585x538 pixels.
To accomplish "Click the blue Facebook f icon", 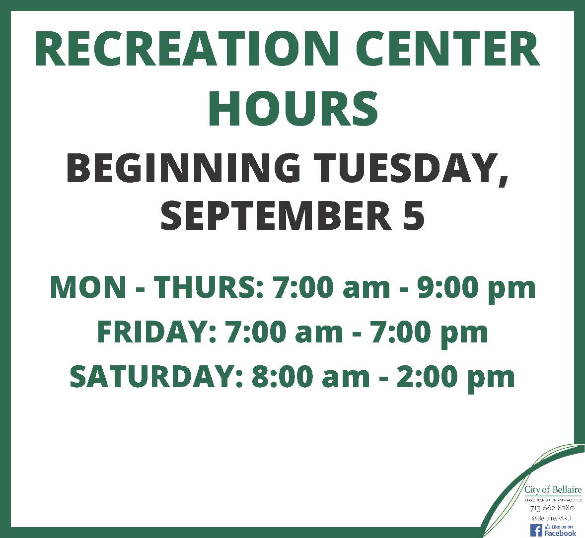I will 536,530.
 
